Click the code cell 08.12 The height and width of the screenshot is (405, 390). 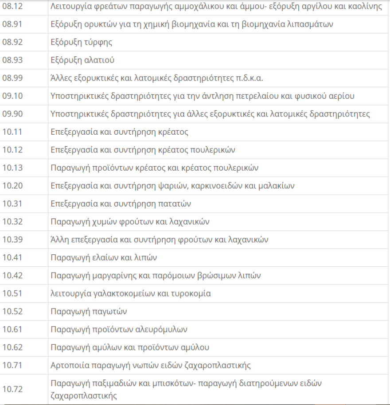pos(12,7)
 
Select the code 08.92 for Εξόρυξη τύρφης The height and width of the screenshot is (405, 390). pos(12,43)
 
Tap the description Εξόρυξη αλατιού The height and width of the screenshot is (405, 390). pos(83,60)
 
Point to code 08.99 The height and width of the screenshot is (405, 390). pos(12,78)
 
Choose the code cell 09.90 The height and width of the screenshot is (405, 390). pos(12,114)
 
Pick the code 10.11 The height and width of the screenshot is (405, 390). pos(12,132)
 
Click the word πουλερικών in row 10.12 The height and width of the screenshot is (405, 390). pos(213,150)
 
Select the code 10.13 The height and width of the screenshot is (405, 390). pos(12,168)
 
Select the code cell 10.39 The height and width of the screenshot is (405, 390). pos(12,240)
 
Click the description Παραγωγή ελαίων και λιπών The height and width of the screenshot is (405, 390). pos(104,257)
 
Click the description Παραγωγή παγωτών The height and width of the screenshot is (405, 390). pos(89,312)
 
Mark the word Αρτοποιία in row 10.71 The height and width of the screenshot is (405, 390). pos(69,365)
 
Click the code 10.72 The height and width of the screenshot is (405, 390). pos(12,389)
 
